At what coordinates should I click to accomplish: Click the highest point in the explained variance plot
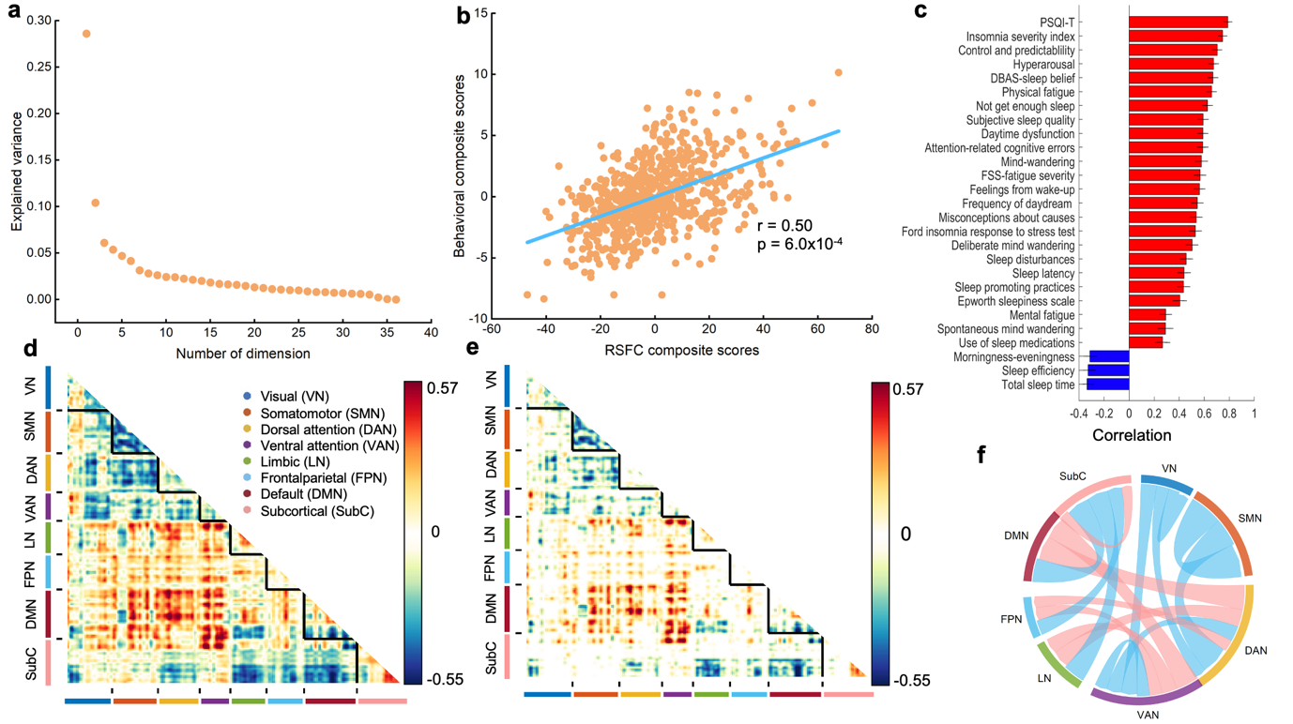click(86, 34)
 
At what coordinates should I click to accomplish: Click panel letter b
click(462, 16)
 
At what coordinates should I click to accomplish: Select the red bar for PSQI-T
click(1178, 23)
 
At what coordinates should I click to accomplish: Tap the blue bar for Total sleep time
click(1109, 385)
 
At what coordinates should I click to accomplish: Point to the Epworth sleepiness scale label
click(1016, 301)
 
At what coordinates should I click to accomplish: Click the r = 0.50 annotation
click(784, 226)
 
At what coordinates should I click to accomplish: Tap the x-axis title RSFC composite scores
click(668, 351)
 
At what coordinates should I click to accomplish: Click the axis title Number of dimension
click(243, 354)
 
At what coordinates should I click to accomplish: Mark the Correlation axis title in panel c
click(1132, 435)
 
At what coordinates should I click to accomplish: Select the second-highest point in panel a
click(95, 203)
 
